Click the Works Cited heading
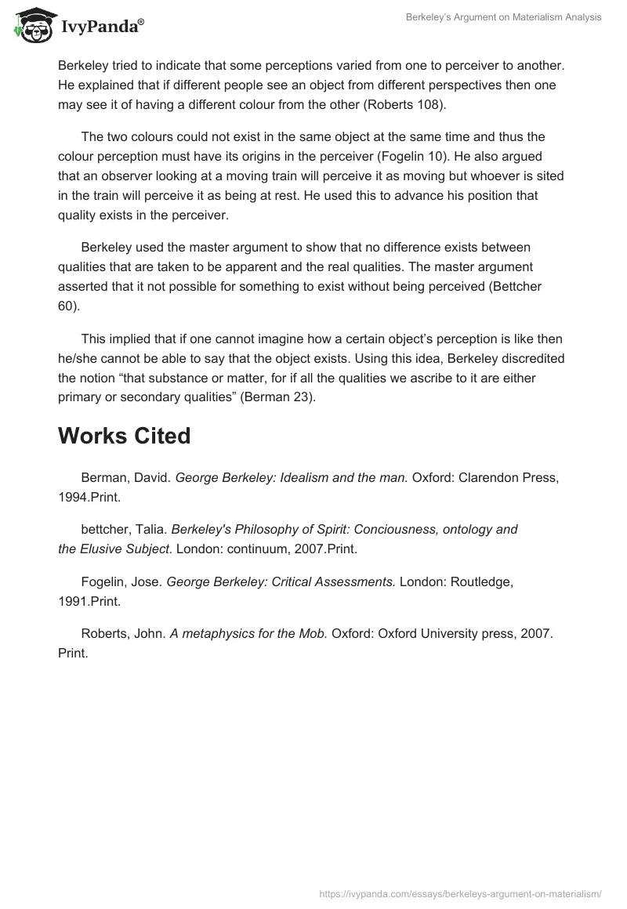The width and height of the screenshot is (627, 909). (124, 436)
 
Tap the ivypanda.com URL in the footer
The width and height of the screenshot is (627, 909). (460, 893)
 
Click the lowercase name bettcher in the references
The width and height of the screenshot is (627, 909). (105, 529)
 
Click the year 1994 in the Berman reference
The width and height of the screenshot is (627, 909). (74, 496)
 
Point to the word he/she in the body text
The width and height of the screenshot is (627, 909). (80, 359)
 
